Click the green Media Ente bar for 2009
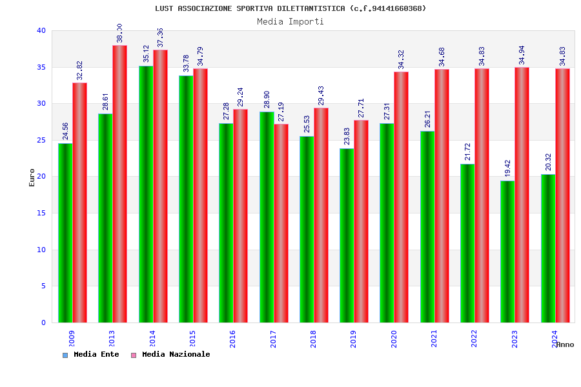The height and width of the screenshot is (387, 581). click(x=65, y=233)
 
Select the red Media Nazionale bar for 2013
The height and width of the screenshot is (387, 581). click(x=119, y=184)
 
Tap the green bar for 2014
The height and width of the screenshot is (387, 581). click(x=146, y=194)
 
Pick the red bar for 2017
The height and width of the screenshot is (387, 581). click(x=281, y=223)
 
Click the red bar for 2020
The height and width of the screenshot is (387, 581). click(x=401, y=197)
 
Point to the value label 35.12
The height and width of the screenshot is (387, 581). click(x=146, y=54)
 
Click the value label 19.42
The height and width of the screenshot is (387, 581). click(x=507, y=168)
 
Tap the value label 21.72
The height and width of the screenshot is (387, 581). click(x=467, y=152)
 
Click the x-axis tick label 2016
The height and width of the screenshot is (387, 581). click(x=232, y=339)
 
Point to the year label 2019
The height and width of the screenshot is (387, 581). click(x=353, y=339)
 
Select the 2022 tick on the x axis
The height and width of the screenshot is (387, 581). click(x=474, y=339)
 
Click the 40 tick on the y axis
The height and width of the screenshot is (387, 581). click(x=41, y=30)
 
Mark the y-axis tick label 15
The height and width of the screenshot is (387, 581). click(x=41, y=213)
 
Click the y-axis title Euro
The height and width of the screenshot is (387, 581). click(x=32, y=177)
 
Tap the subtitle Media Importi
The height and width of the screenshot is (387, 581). click(x=290, y=21)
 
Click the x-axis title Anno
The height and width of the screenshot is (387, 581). click(x=565, y=344)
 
